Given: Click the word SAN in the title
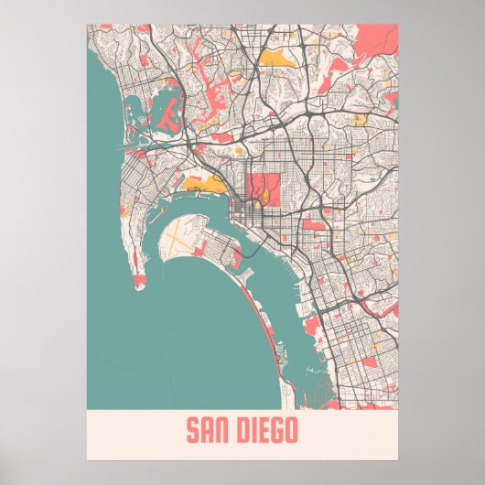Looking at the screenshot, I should click(209, 430).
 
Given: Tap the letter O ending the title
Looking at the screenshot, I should click(291, 430).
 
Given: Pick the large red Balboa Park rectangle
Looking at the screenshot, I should click(263, 188).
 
